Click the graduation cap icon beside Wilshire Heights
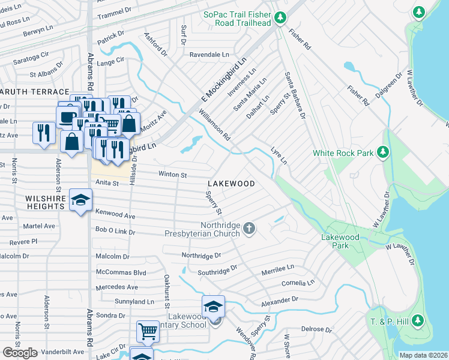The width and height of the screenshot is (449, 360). (x=79, y=200)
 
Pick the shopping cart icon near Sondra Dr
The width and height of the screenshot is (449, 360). (x=147, y=331)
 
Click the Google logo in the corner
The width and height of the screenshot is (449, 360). (x=20, y=352)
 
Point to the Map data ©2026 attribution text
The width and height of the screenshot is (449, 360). (x=423, y=355)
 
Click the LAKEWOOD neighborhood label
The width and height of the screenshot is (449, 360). (x=231, y=184)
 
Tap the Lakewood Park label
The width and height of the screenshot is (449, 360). (x=340, y=241)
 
